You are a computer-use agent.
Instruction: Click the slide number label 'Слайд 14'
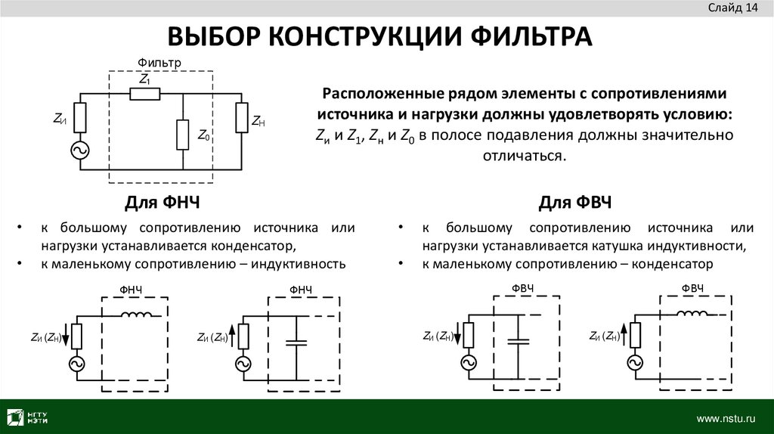click(x=732, y=8)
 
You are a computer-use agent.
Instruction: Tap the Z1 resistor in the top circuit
click(x=144, y=94)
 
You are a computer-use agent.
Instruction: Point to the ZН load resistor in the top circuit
click(x=240, y=117)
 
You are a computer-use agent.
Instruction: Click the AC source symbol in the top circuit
click(x=79, y=150)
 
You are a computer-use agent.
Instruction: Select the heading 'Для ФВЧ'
click(x=575, y=203)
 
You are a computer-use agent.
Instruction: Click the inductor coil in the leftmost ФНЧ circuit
click(x=138, y=315)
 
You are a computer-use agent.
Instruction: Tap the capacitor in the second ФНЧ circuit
click(x=296, y=342)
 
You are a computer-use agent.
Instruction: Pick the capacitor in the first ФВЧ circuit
click(x=518, y=341)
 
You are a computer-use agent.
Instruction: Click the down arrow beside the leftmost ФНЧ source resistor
click(x=67, y=333)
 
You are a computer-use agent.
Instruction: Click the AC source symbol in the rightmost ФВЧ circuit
click(x=633, y=364)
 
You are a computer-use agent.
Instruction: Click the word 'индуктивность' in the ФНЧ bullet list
click(x=301, y=265)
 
